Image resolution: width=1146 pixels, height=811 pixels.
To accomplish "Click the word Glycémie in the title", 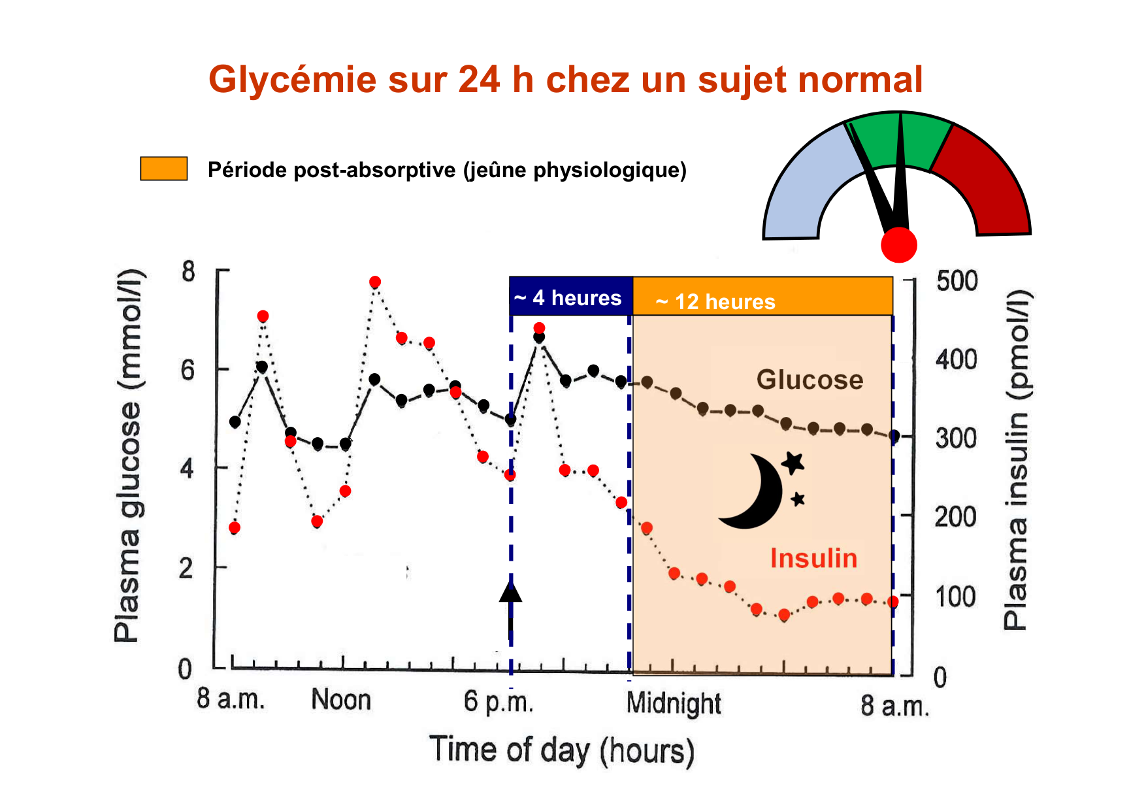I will [x=293, y=80].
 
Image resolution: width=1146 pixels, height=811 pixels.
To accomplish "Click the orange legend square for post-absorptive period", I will [x=164, y=169].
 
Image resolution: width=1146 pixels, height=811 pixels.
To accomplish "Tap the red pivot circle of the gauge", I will [x=899, y=245].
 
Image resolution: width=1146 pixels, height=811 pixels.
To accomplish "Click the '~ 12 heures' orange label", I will [x=716, y=301].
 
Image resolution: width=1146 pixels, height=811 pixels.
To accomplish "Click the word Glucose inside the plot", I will [x=810, y=380].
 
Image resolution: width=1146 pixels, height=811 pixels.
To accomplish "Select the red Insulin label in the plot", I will [x=813, y=559].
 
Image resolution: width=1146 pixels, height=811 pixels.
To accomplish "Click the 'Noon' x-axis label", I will [x=341, y=700].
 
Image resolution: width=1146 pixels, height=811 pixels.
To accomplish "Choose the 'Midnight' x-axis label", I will [x=674, y=704].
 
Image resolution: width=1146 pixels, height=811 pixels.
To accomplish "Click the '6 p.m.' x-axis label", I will [x=499, y=701].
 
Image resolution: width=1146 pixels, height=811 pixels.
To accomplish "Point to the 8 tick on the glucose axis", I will [x=188, y=271].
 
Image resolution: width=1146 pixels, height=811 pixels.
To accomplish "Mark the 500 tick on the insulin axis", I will [x=957, y=281].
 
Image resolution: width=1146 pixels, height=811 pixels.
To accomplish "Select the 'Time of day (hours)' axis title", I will [x=561, y=750].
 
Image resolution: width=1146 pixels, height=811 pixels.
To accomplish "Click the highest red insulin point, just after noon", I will [x=374, y=282].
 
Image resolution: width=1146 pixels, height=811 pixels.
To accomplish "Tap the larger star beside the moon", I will [x=793, y=463].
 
